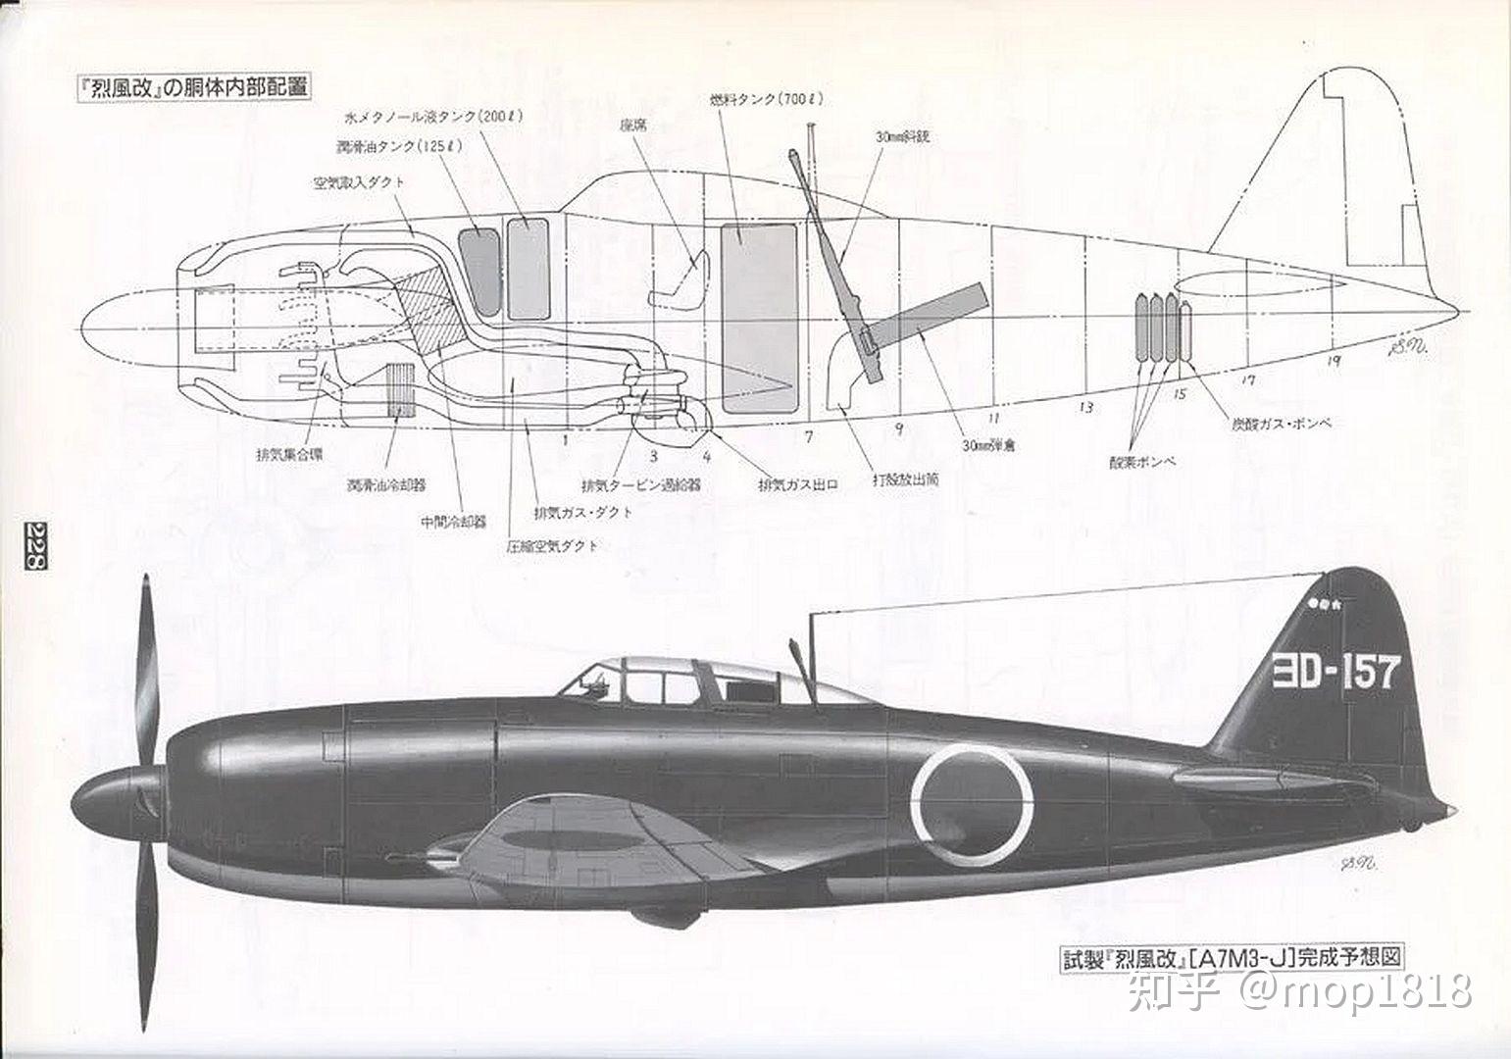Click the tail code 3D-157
tap(1335, 673)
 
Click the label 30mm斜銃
tap(901, 137)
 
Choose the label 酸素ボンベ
tap(1142, 460)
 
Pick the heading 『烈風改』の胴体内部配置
tap(194, 86)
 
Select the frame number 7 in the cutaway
tap(809, 436)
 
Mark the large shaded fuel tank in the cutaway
tap(760, 316)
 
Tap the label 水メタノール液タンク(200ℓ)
tap(432, 116)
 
